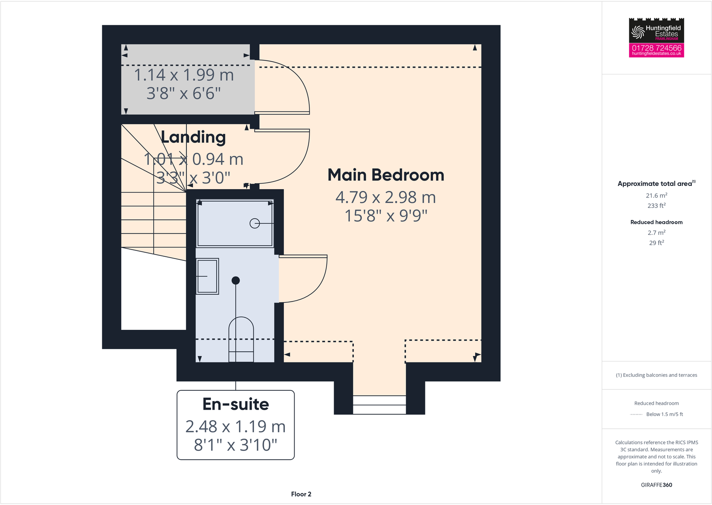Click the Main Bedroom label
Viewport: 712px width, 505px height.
point(386,175)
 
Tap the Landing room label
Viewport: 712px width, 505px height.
point(193,137)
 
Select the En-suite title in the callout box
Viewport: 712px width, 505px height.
point(236,404)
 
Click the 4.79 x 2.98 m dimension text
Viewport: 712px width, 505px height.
point(386,197)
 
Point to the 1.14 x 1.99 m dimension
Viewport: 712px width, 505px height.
point(184,75)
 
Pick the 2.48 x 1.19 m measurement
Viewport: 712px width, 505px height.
point(236,427)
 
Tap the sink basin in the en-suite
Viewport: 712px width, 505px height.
point(207,276)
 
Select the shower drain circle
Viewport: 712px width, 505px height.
point(254,223)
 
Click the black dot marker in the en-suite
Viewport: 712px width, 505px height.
point(236,281)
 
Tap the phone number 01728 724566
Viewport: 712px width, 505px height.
point(656,47)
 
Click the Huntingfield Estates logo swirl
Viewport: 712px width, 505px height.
point(638,32)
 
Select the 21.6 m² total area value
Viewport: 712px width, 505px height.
point(656,195)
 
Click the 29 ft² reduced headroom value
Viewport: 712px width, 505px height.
point(656,243)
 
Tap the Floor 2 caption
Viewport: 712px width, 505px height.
point(301,494)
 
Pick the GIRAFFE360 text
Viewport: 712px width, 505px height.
point(656,485)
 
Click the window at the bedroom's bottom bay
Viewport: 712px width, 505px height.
point(379,405)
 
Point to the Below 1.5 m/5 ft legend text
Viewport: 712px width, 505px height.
point(665,414)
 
